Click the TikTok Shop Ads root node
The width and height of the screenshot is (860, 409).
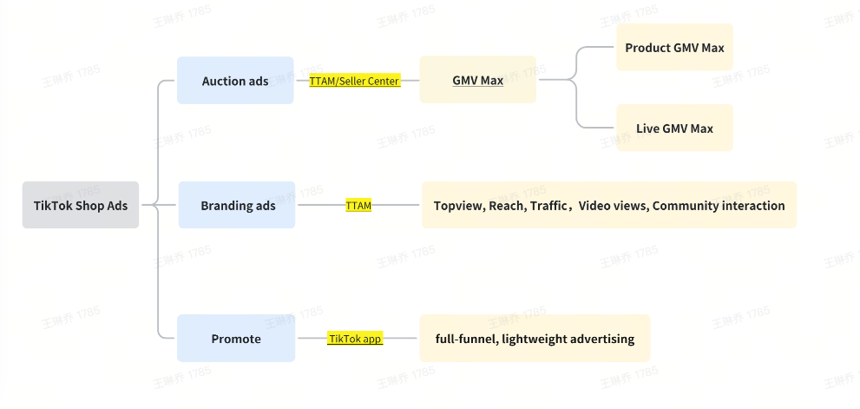80,206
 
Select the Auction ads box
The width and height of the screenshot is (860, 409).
235,81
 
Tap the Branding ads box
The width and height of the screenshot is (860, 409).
237,206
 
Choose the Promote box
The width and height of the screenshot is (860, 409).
235,339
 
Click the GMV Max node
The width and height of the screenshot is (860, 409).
477,81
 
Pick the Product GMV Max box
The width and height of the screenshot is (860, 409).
674,48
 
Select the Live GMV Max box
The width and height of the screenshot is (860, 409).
674,129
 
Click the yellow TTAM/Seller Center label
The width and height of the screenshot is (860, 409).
354,81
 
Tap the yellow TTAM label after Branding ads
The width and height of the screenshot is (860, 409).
358,206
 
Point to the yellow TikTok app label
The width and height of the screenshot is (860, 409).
355,339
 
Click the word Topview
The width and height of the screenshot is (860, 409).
457,206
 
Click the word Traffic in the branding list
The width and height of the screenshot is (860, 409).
548,206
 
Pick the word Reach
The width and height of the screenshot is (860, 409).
506,206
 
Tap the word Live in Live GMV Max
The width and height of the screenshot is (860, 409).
647,129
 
